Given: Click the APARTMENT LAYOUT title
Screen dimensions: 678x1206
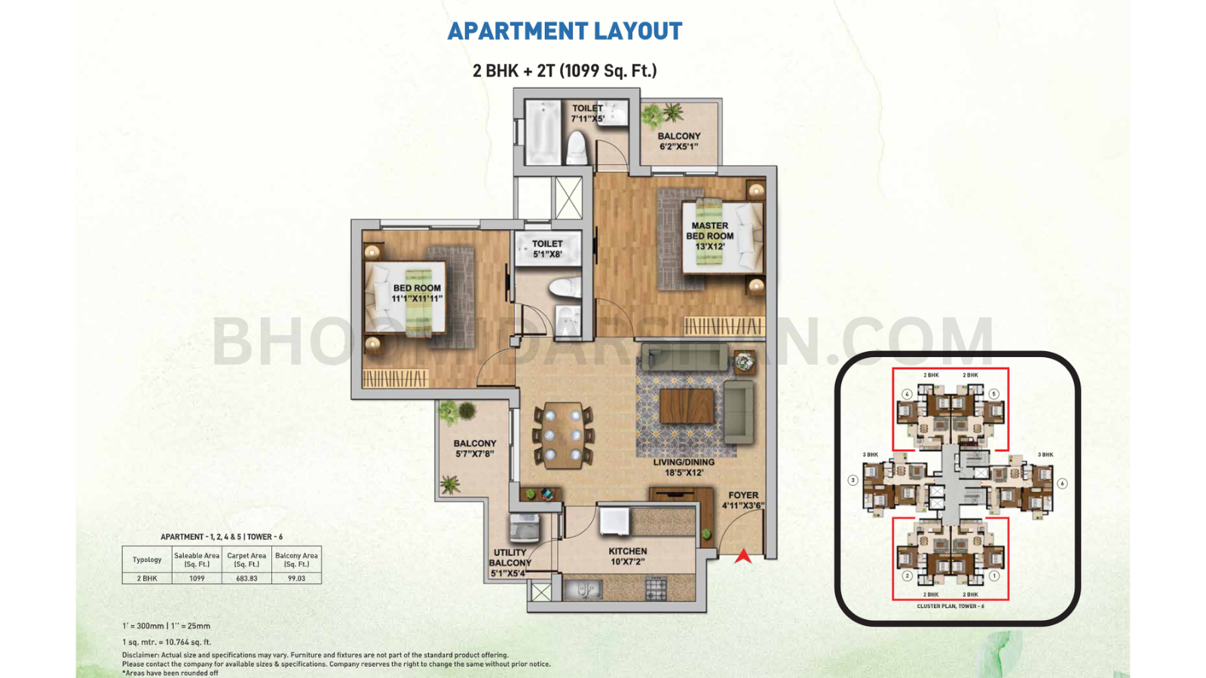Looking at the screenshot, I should (565, 31).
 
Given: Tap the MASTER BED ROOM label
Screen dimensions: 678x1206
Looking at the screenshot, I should (709, 236).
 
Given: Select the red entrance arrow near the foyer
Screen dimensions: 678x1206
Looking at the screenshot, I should (743, 557).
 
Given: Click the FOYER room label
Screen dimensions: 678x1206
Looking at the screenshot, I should (743, 500).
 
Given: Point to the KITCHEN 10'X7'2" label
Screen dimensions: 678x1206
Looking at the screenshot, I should (628, 556).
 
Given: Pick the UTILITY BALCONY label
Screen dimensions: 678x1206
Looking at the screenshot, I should (510, 563).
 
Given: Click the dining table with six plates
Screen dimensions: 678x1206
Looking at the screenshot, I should (563, 435).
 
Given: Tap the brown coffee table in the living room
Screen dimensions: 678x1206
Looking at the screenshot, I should (687, 405).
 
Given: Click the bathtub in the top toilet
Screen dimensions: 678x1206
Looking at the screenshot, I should (543, 133).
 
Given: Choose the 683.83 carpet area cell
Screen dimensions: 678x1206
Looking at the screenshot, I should (246, 579).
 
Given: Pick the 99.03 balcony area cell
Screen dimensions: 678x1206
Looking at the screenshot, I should (296, 579).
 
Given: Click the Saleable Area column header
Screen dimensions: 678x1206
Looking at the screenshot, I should (197, 560).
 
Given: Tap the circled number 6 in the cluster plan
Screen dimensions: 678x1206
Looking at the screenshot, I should (1062, 484).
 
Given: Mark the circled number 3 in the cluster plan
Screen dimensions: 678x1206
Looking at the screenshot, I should (852, 480).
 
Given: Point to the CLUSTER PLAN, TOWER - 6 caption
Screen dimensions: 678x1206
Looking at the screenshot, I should (950, 606).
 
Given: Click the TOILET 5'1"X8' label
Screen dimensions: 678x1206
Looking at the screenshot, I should (547, 249).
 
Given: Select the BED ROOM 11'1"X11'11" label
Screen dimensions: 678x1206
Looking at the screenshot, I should (417, 293).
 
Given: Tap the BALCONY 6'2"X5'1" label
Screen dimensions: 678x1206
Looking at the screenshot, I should (679, 141).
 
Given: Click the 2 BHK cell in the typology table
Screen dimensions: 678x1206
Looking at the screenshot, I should (147, 579).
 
